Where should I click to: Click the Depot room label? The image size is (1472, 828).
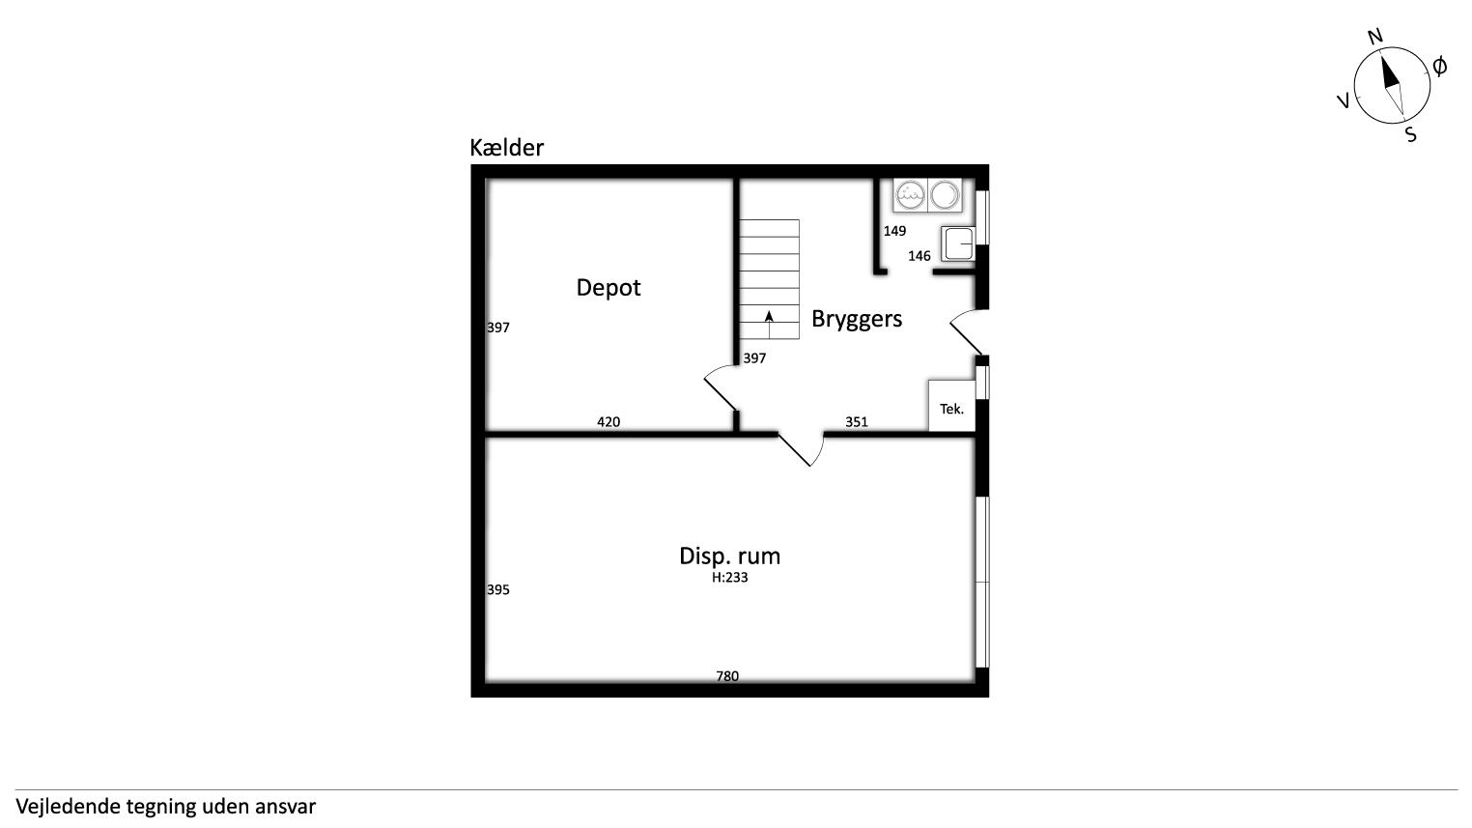[608, 288]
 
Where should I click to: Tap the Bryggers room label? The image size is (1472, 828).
[857, 319]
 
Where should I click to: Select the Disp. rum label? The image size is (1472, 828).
[729, 556]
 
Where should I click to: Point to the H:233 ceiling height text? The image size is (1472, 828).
[729, 578]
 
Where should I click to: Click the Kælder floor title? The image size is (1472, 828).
[507, 147]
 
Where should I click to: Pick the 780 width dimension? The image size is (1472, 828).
[727, 675]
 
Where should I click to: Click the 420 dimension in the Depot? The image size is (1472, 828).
[609, 422]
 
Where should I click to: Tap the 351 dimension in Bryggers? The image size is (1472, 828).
[857, 422]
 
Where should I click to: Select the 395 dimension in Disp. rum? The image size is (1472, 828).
[498, 589]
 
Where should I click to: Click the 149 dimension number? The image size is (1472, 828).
[894, 231]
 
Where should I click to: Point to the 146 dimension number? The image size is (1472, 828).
[920, 256]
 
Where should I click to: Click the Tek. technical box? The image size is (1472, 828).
[951, 406]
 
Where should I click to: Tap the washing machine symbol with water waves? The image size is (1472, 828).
[910, 195]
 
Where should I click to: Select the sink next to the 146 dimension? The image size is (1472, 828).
[958, 243]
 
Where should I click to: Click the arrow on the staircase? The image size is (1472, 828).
[769, 325]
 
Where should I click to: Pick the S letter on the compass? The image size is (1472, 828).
[1410, 134]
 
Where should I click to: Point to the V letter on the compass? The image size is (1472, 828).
[1344, 100]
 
